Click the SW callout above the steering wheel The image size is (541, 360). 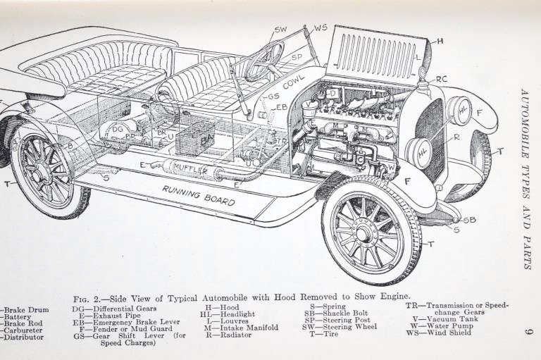point(280,30)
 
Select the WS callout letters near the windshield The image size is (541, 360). point(321,27)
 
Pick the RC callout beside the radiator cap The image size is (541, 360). point(442,79)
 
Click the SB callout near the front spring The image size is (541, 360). point(469,220)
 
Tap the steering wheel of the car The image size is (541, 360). point(264,61)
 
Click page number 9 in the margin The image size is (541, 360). point(528,331)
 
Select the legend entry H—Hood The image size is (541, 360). point(221,307)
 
